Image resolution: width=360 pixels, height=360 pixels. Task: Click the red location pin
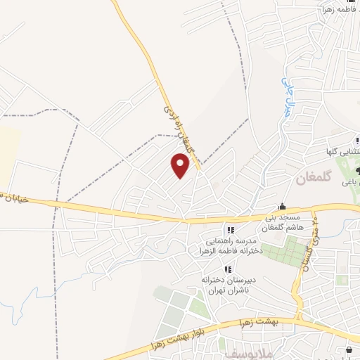(181, 167)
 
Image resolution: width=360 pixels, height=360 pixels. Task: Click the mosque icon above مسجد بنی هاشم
(282, 206)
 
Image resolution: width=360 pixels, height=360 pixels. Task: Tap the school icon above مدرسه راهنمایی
(230, 230)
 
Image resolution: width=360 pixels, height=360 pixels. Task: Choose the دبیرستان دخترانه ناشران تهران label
(226, 285)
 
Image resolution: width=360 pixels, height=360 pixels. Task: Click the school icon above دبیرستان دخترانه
(227, 269)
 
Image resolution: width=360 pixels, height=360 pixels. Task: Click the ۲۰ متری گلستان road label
(309, 245)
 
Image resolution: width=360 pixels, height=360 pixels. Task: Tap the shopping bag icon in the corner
(349, 350)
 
